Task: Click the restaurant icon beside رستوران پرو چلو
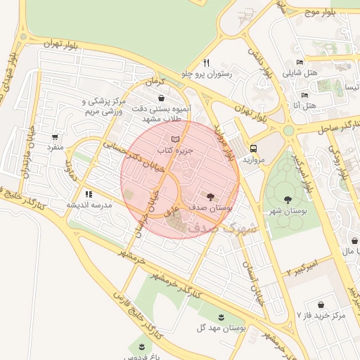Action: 206,63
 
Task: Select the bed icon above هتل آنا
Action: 304,95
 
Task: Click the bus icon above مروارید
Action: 253,148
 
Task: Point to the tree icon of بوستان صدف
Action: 210,195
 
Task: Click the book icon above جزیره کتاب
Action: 175,139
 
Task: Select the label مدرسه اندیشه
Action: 89,205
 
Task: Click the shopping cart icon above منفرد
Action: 55,136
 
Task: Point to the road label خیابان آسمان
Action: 250,274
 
